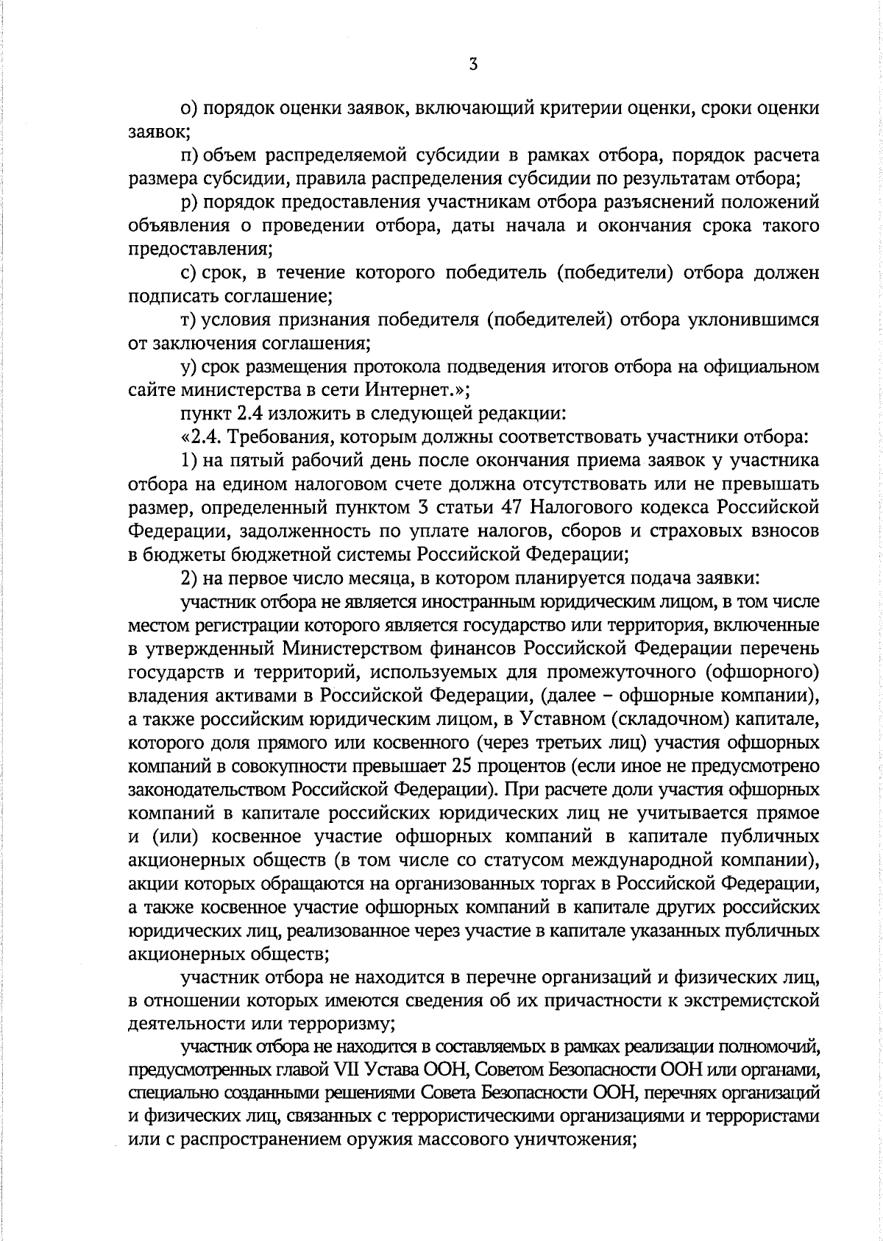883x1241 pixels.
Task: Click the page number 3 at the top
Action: (473, 65)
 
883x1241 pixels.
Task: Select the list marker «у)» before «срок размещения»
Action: (189, 366)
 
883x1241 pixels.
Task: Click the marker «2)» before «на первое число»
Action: (189, 578)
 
